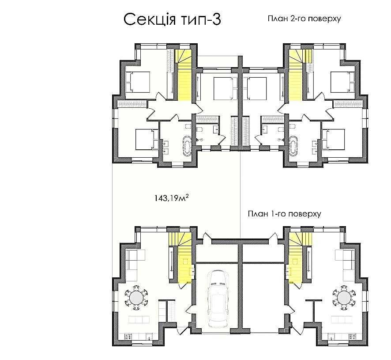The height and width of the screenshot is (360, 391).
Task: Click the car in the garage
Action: click(x=218, y=298)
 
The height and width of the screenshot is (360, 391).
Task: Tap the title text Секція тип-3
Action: click(x=172, y=20)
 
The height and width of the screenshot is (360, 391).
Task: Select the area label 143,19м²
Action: click(x=171, y=198)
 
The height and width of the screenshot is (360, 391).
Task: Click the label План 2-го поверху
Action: click(x=304, y=19)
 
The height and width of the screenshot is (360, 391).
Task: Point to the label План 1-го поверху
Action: click(x=284, y=214)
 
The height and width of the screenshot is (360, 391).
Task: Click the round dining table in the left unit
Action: click(x=136, y=298)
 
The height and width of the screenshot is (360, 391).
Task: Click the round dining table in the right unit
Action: click(x=344, y=298)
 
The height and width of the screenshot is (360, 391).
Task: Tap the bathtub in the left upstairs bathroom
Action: click(x=187, y=144)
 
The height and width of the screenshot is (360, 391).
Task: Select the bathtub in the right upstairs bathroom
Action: click(x=293, y=144)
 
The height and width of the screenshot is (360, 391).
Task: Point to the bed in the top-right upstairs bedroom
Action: click(x=342, y=82)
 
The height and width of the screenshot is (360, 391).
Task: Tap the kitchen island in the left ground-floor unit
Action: click(x=139, y=319)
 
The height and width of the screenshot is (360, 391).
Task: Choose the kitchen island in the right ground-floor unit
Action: click(x=342, y=319)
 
